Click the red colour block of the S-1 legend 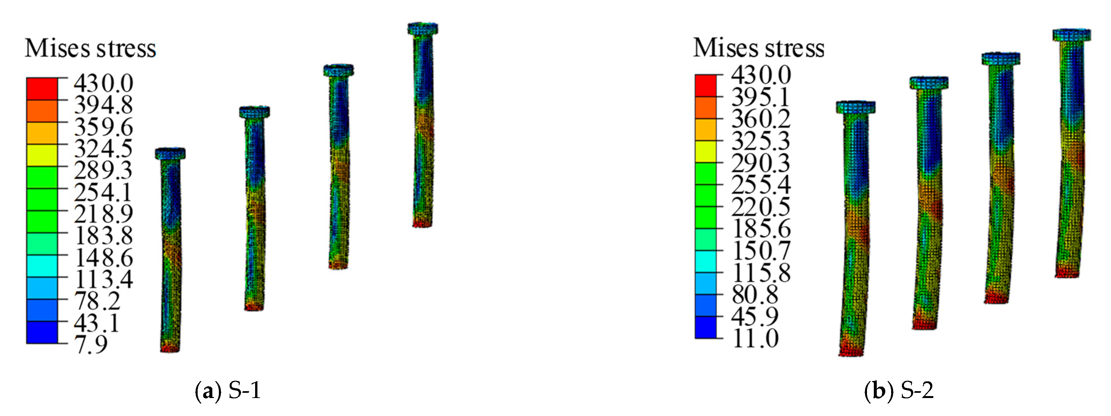tap(42, 89)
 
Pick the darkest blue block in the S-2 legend tap(706, 327)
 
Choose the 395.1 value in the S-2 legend tap(760, 97)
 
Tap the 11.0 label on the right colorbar tap(756, 338)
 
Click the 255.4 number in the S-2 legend tap(761, 185)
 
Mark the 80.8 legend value tap(755, 295)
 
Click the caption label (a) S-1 tap(228, 391)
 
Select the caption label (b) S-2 tap(899, 391)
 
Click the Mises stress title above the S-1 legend tap(90, 48)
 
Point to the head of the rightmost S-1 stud tap(423, 29)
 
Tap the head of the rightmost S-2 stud tap(1072, 35)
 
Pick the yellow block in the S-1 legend tap(42, 155)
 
